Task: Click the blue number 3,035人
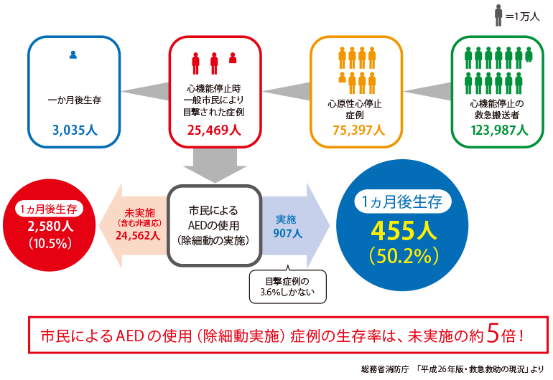[x=75, y=130]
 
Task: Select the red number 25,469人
[x=214, y=130]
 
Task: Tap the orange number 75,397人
[x=358, y=130]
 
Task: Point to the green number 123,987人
[x=499, y=130]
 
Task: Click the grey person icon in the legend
[x=498, y=16]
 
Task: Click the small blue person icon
[x=73, y=54]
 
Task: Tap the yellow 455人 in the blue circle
[x=404, y=231]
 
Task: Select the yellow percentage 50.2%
[x=404, y=256]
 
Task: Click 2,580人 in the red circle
[x=50, y=226]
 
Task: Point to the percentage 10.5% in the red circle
[x=50, y=243]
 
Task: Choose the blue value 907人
[x=288, y=233]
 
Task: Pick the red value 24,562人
[x=138, y=235]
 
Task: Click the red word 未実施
[x=139, y=213]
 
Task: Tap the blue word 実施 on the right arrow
[x=286, y=219]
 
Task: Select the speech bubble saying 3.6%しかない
[x=288, y=286]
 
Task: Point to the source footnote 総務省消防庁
[x=385, y=369]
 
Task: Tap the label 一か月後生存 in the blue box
[x=75, y=100]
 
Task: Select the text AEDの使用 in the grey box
[x=214, y=225]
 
